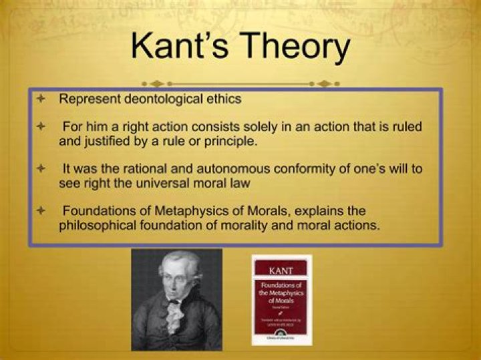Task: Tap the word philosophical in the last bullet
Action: tap(98, 225)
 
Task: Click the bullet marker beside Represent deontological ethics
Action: tap(41, 99)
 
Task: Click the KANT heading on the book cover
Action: tap(281, 273)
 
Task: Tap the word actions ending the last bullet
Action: tap(358, 225)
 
